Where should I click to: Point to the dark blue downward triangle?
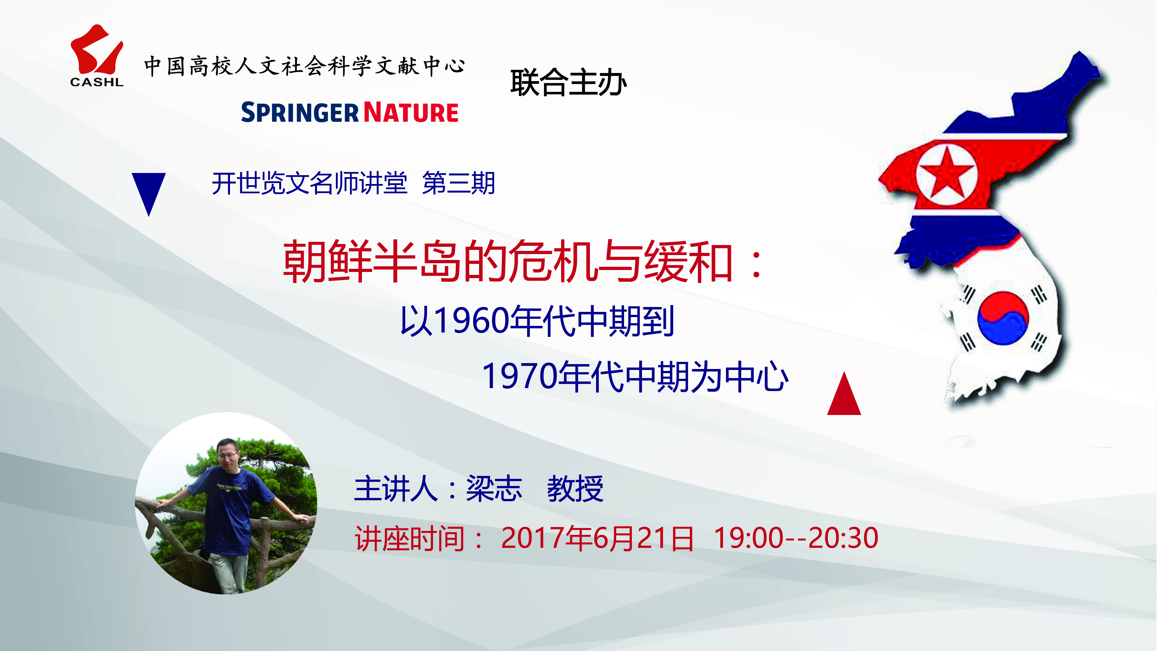point(149,191)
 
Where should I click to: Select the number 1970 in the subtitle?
point(520,377)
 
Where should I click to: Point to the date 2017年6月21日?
point(597,538)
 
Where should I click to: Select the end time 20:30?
point(844,538)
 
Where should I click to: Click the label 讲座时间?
point(410,538)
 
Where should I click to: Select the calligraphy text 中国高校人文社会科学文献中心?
point(304,66)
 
